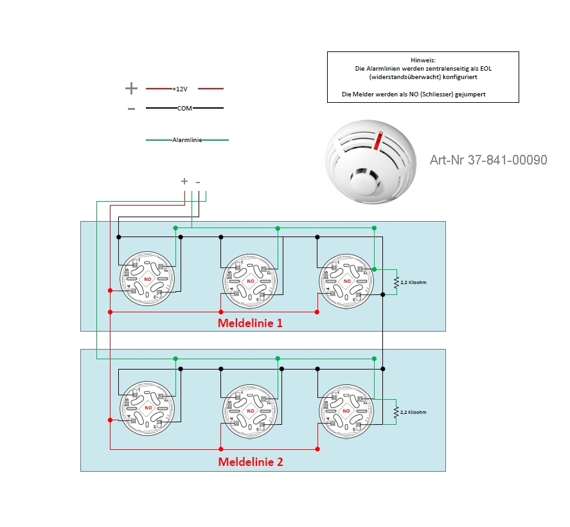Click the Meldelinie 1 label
[x=250, y=323]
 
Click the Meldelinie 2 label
[x=250, y=461]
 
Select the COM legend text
[x=184, y=109]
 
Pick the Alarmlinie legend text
[x=188, y=139]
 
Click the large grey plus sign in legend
[x=131, y=89]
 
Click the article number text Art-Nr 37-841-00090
[x=488, y=160]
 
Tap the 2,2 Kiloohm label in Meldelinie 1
[x=413, y=282]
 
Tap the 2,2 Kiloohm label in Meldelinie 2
[x=413, y=412]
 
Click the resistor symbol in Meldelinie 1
[x=396, y=282]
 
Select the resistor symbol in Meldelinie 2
[x=396, y=412]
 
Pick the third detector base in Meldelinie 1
[x=347, y=280]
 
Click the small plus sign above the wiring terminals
[x=184, y=182]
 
